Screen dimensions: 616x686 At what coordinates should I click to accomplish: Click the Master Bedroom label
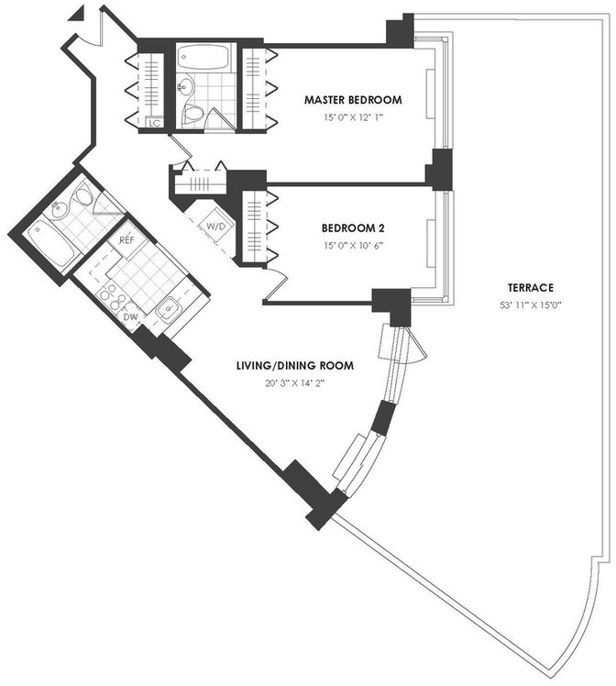click(353, 100)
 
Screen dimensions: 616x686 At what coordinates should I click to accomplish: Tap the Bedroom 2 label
click(353, 228)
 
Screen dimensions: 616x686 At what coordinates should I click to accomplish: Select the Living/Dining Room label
click(295, 365)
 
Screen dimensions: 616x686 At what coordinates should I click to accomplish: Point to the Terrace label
click(531, 288)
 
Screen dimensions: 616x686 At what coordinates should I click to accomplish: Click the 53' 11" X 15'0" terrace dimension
click(531, 305)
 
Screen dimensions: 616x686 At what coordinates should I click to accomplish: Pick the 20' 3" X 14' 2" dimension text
click(295, 383)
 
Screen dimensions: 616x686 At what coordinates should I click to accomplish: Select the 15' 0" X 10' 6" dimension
click(353, 246)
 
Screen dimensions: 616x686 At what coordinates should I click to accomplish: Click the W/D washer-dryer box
click(216, 227)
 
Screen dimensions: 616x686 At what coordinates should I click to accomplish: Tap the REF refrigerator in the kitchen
click(126, 239)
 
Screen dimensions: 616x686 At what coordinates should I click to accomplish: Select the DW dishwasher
click(130, 316)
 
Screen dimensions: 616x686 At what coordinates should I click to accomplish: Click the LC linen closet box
click(154, 123)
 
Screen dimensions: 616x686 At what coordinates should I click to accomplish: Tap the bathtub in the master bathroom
click(203, 57)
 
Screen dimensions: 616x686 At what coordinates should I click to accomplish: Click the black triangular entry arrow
click(77, 15)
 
